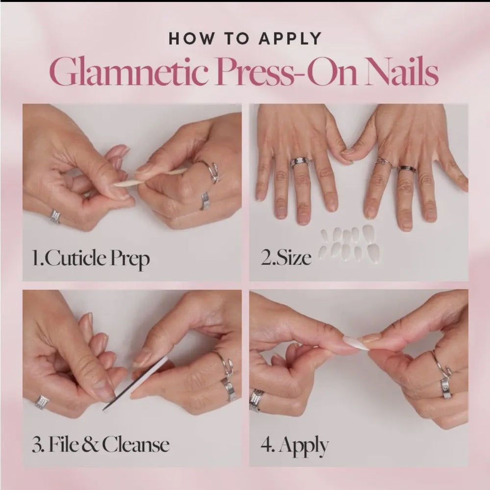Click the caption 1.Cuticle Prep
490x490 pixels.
click(x=91, y=258)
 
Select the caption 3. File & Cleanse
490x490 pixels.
click(x=101, y=444)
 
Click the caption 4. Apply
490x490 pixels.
click(x=294, y=446)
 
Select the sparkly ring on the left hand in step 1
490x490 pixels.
click(x=55, y=216)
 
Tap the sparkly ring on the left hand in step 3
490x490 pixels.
click(x=42, y=402)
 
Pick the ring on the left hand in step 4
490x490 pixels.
click(x=256, y=399)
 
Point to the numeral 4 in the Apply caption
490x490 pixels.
click(x=267, y=446)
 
